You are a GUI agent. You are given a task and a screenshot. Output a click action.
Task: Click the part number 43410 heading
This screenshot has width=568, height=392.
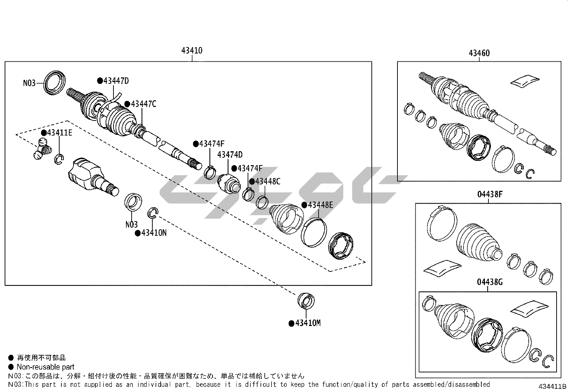coord(192,51)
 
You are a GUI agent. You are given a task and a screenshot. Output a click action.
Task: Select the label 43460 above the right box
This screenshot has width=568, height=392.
coord(479,53)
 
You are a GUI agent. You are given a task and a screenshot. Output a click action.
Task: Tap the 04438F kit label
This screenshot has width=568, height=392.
coord(490,195)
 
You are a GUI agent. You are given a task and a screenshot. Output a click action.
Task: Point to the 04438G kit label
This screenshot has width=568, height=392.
coord(490,282)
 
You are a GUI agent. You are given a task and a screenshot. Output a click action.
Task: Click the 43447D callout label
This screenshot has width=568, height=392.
coord(116,81)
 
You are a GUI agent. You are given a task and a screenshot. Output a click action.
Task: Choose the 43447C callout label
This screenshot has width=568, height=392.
coord(143,104)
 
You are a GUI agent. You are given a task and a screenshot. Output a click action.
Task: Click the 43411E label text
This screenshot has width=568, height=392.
coord(59,133)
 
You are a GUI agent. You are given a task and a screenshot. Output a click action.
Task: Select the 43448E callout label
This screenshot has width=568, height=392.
coord(320,205)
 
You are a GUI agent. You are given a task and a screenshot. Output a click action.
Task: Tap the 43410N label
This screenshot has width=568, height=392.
coord(153,233)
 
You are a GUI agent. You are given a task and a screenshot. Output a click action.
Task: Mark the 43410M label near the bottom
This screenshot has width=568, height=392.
coord(308,323)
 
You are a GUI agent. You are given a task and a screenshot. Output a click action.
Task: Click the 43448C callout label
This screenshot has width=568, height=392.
coord(267,182)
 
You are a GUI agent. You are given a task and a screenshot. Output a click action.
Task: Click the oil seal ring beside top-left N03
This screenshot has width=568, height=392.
coord(55,83)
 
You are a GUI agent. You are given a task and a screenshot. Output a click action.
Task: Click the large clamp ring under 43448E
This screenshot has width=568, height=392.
coord(314,233)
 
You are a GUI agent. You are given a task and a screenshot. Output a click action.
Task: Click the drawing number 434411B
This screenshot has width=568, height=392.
coord(552,387)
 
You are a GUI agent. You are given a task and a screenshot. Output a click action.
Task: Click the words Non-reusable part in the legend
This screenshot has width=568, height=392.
coord(45,367)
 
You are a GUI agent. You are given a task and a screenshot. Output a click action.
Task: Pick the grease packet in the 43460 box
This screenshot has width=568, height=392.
coord(525,80)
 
